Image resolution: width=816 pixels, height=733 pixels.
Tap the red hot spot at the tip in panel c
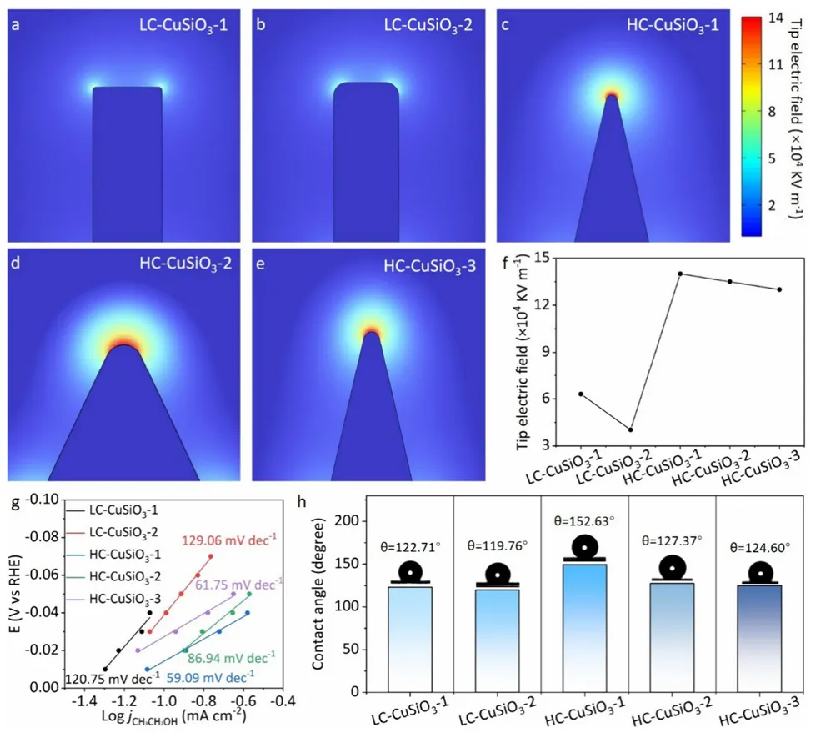point(613,95)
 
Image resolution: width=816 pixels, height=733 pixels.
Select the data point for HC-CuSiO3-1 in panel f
point(680,274)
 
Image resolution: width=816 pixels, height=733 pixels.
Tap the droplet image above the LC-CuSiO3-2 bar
point(497,575)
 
